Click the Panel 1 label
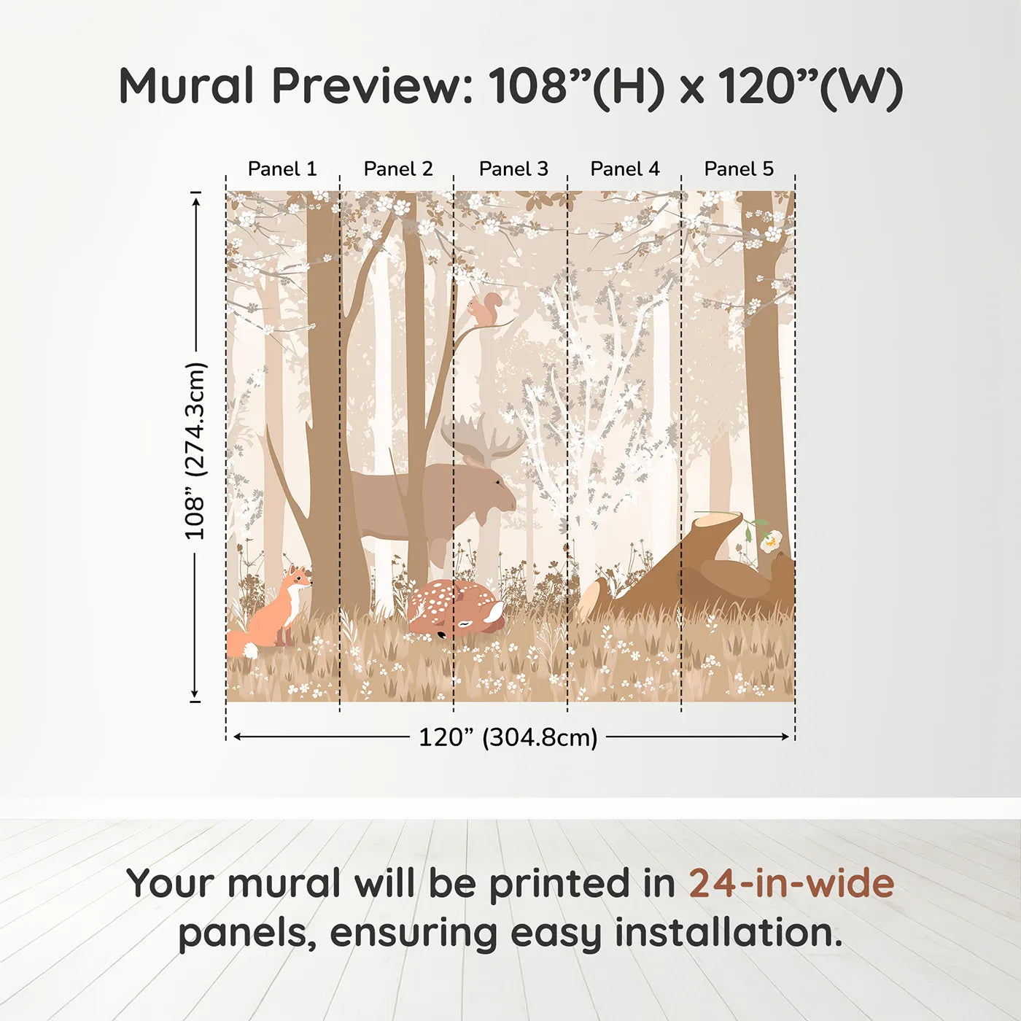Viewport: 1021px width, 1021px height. (x=282, y=169)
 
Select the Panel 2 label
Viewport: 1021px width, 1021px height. (x=398, y=169)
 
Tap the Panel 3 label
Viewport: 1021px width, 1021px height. (x=513, y=169)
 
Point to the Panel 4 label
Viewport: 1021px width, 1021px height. (x=625, y=169)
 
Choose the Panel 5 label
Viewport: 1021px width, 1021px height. (x=739, y=169)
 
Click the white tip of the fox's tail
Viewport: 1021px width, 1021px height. (x=249, y=650)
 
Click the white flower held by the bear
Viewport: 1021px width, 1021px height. (x=771, y=540)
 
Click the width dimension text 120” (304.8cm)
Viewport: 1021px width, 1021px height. (x=508, y=737)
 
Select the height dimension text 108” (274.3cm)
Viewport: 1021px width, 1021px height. (x=195, y=451)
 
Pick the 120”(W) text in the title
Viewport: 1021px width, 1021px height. (x=810, y=86)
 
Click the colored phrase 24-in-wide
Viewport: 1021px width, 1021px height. (x=791, y=883)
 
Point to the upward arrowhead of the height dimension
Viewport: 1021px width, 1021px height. (x=195, y=199)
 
